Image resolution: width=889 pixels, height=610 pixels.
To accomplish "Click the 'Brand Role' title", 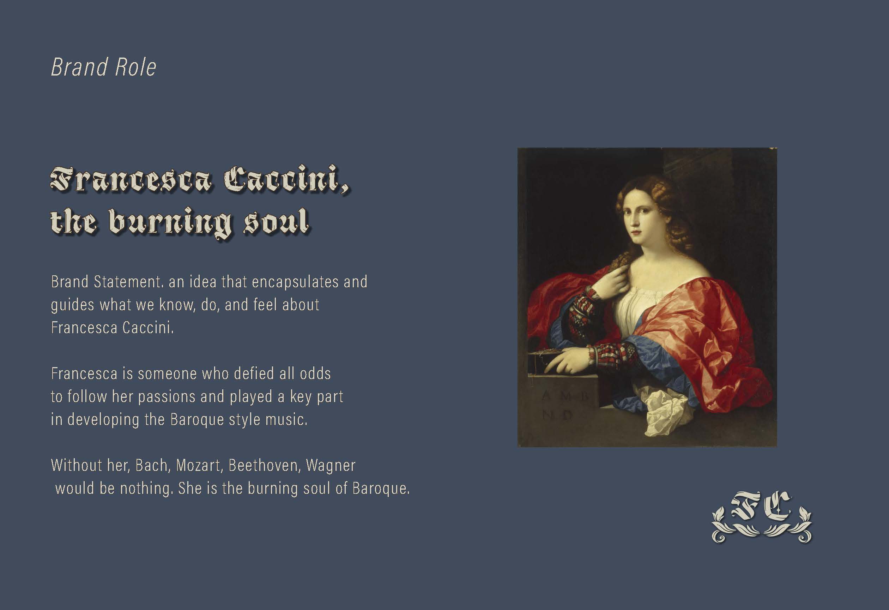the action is point(104,67).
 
